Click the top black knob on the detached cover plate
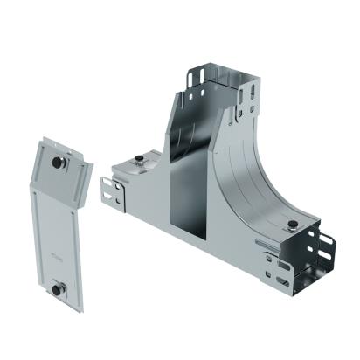(57, 163)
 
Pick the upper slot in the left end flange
(109, 184)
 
